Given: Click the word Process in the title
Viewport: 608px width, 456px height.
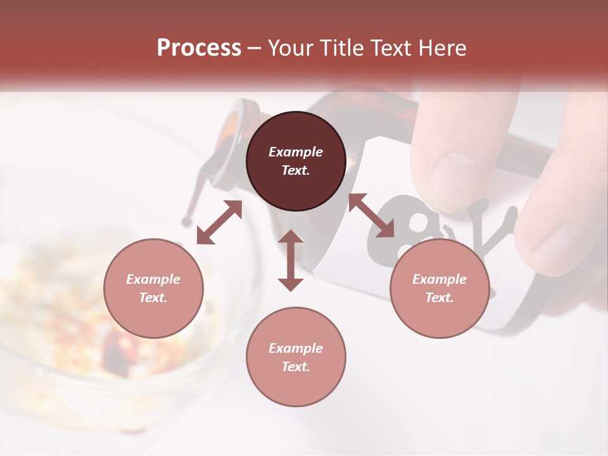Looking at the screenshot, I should point(199,48).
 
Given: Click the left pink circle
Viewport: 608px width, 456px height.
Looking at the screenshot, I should point(153,288).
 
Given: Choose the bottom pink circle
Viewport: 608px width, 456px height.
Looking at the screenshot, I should point(296,357).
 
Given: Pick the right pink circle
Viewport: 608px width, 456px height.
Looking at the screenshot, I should point(440,288).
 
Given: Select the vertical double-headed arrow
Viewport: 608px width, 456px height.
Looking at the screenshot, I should point(291,260).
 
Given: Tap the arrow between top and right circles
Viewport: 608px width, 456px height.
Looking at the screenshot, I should point(371,215).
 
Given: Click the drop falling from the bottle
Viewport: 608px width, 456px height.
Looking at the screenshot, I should point(186,221).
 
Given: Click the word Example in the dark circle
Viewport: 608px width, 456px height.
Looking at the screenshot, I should point(296,152).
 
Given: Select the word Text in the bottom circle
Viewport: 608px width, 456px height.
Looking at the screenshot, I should point(296,367).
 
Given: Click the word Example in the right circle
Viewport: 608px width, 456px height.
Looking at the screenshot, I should point(440,279).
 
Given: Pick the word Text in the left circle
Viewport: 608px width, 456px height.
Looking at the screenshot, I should point(153,298).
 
